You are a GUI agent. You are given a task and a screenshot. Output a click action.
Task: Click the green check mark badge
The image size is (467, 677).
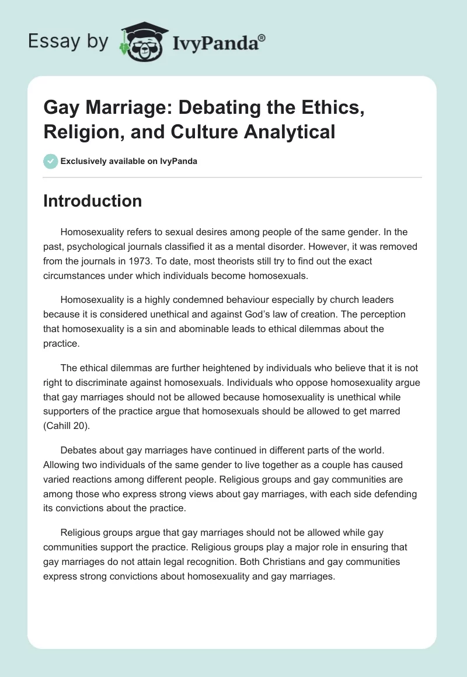51,161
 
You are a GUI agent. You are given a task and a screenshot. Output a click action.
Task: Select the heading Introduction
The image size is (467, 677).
93,201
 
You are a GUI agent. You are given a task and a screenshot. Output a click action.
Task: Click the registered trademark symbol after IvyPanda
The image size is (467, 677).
262,36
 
